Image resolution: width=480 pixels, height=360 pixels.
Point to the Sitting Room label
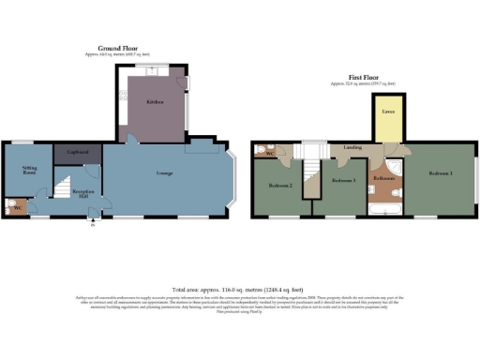coord(29,171)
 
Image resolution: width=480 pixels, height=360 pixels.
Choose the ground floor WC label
coord(16,208)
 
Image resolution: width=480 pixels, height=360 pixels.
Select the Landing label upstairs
coord(354,148)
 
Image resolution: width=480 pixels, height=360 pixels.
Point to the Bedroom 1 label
coord(440,174)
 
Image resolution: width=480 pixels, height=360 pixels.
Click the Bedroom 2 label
coord(277,186)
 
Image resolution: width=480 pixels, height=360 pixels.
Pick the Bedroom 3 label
coord(344,179)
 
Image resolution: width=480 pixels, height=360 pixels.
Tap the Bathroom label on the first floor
coord(384,177)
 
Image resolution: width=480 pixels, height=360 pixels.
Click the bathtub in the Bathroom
coord(385,208)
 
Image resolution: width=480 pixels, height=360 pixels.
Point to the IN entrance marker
coord(91,223)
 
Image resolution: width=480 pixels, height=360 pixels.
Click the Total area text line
coord(239,290)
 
